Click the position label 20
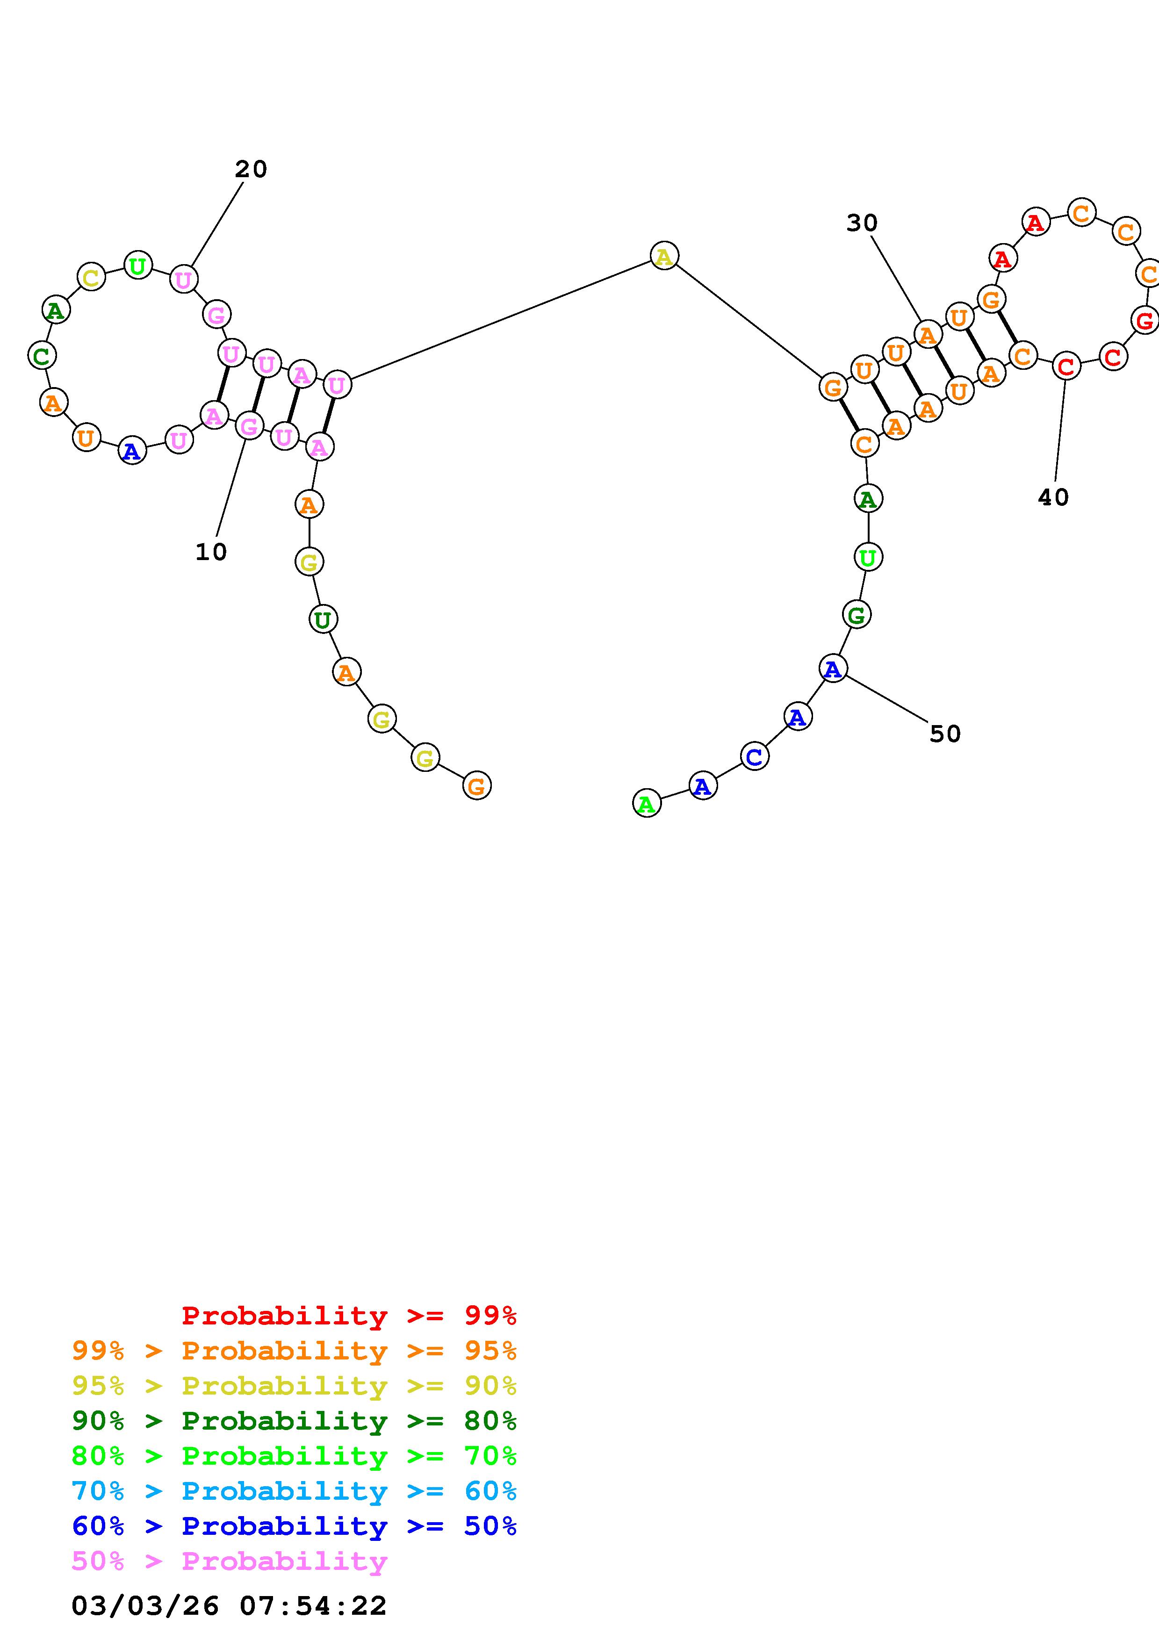coord(251,169)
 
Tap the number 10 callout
coord(211,552)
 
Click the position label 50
coord(945,734)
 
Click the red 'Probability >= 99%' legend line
coord(349,1316)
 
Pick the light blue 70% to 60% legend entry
coord(294,1491)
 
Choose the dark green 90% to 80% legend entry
coord(294,1421)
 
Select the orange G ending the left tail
coord(476,786)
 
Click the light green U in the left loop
coord(138,266)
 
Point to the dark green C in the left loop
coord(42,355)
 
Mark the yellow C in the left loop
coord(91,277)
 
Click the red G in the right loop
coord(1145,320)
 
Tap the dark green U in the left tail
coord(323,619)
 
